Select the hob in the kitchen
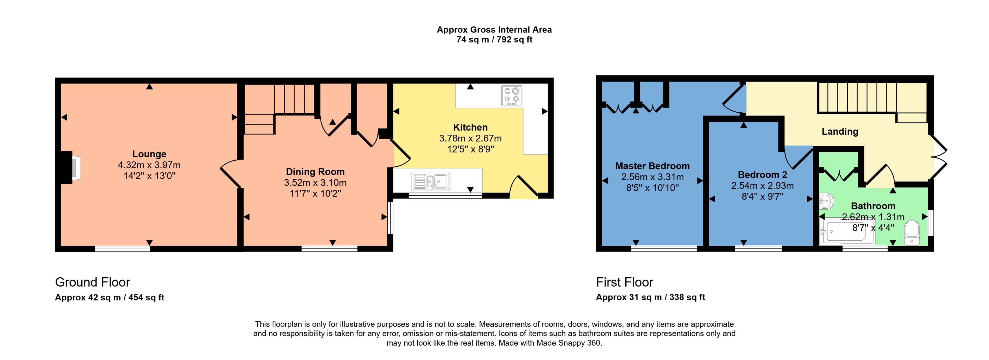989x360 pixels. point(511,95)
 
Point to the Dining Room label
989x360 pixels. point(315,172)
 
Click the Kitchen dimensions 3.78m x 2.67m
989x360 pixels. point(470,138)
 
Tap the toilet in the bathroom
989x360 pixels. point(912,232)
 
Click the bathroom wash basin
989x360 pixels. point(826,201)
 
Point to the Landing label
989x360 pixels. point(840,131)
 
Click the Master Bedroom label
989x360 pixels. point(652,166)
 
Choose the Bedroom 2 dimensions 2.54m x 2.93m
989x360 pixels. point(762,186)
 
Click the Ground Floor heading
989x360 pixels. point(92,282)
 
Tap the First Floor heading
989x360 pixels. point(624,282)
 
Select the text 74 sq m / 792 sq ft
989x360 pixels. point(494,40)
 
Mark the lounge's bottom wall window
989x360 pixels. point(122,249)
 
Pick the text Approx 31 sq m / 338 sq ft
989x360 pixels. point(650,297)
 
